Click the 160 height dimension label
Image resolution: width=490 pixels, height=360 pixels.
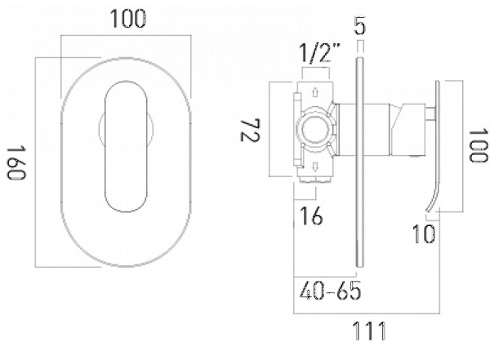click(16, 162)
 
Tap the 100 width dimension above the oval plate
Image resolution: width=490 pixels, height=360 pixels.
click(128, 19)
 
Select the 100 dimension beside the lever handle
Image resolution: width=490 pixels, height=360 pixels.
click(479, 145)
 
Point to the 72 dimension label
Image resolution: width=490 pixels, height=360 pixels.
click(250, 130)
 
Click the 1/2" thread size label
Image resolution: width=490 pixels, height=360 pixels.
click(319, 53)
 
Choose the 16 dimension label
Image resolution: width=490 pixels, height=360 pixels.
click(311, 216)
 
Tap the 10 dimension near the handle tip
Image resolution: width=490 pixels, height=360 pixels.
click(423, 233)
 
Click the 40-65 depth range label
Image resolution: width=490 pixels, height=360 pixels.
click(330, 291)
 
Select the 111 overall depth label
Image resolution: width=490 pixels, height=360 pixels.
click(369, 331)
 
